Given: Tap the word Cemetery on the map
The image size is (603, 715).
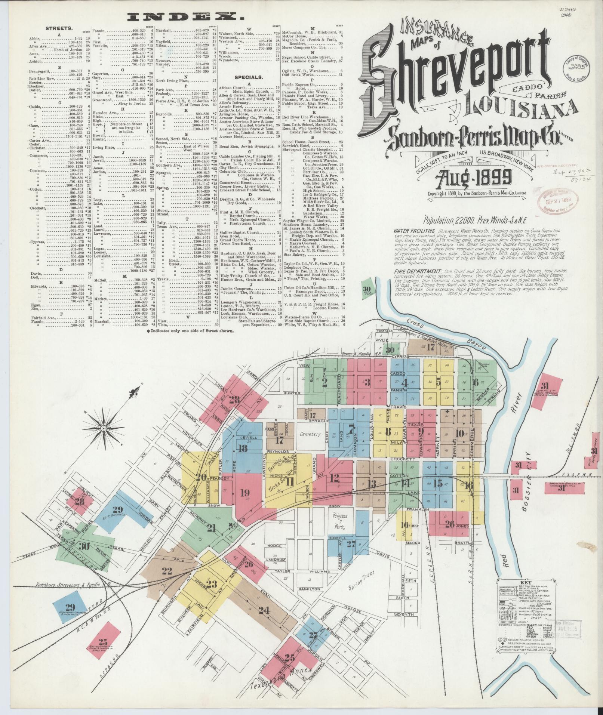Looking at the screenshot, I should [310, 434].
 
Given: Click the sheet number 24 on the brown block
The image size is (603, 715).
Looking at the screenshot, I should [264, 610].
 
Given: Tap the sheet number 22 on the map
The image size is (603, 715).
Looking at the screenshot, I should [167, 570].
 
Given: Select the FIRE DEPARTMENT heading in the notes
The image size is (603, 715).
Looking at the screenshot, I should [416, 271].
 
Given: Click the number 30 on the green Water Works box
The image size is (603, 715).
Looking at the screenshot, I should [367, 288].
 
